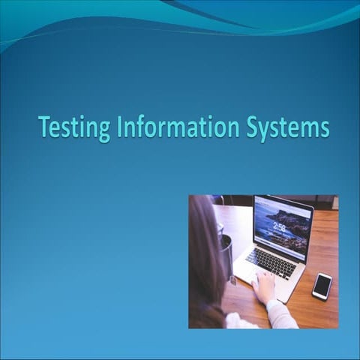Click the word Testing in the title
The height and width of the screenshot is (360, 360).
point(74,127)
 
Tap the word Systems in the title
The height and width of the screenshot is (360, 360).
point(287,127)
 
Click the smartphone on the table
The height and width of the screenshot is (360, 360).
point(322,285)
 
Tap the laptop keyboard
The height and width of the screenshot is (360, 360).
point(271,262)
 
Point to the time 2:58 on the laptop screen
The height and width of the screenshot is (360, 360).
point(280,226)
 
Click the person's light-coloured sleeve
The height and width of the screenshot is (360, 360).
point(281,315)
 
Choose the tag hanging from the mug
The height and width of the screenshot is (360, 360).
point(232,280)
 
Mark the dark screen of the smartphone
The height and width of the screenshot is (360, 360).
point(322,285)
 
